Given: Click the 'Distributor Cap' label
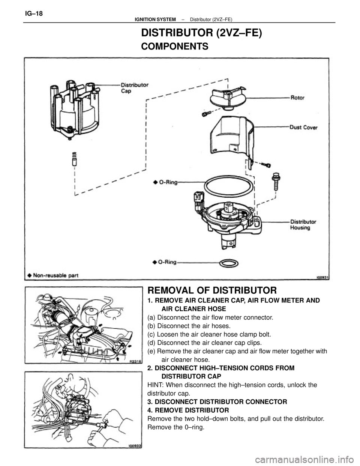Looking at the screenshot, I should point(136,87).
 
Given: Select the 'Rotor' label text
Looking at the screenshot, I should point(298,98).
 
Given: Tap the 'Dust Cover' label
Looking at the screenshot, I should point(304,128).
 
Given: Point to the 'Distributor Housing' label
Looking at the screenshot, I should point(303,224).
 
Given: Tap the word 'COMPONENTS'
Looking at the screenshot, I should point(174,47).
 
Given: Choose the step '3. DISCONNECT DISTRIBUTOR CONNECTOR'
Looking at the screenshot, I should point(217,401).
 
